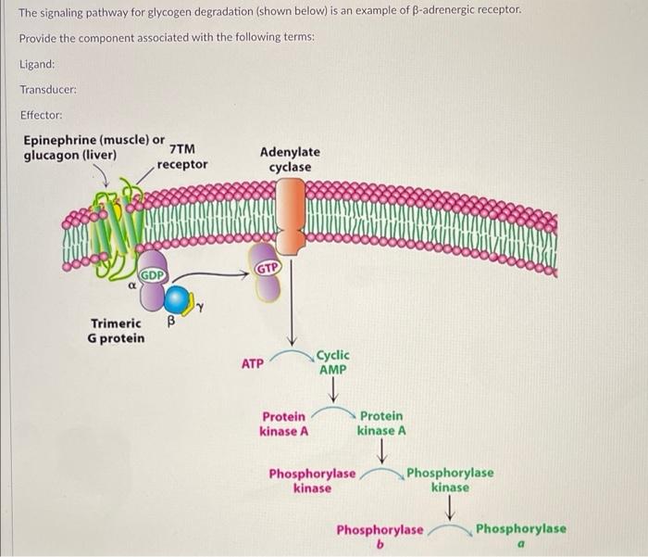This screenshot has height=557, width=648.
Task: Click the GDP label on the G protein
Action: point(152,275)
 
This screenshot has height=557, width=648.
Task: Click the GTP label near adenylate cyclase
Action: point(268,268)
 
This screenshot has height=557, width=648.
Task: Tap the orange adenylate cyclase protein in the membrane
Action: point(290,217)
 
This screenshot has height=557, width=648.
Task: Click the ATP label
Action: point(253,364)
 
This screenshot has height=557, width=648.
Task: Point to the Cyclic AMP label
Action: point(333,362)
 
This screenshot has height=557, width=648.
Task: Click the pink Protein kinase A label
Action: point(284,424)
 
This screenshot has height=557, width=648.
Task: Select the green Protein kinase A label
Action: point(381,423)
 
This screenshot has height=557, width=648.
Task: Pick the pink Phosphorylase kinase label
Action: point(312,480)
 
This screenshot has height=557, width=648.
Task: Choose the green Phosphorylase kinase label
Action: point(450,480)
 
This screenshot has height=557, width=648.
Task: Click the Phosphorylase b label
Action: point(380,537)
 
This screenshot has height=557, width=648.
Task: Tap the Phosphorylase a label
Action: point(520,536)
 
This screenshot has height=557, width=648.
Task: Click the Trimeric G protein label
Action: point(116,331)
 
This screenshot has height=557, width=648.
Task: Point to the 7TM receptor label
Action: point(182,157)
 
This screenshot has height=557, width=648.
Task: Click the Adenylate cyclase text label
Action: point(290,159)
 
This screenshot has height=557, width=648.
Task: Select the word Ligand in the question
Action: point(37,65)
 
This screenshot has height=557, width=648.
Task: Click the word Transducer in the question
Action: point(48,89)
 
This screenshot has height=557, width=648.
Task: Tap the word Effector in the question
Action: point(41,115)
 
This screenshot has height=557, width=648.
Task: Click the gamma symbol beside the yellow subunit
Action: point(200,307)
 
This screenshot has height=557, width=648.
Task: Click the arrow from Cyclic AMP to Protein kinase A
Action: point(333,390)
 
